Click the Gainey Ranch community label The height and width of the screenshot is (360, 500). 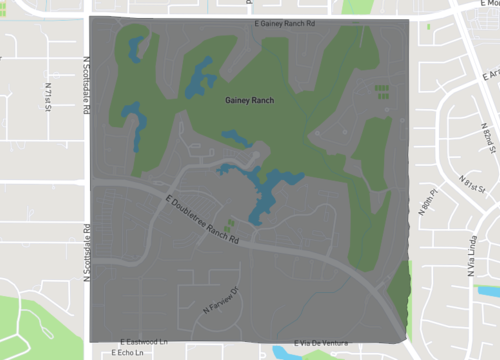pyautogui.click(x=249, y=100)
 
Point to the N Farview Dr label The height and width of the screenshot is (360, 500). pyautogui.click(x=223, y=300)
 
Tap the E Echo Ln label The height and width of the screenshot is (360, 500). pyautogui.click(x=130, y=353)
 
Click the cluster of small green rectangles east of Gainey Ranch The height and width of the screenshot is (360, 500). pyautogui.click(x=381, y=92)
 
